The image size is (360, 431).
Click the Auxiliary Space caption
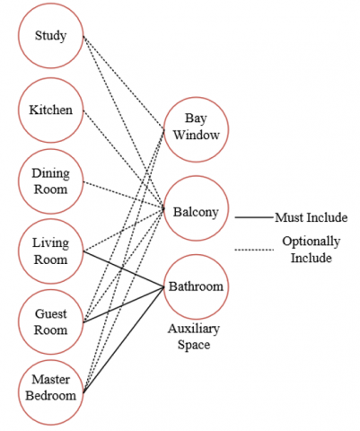tap(194, 337)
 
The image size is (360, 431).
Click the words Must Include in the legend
tap(312, 217)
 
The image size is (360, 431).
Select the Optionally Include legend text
tap(312, 250)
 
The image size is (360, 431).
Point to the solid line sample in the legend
tap(255, 217)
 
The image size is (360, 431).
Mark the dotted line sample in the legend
tap(255, 250)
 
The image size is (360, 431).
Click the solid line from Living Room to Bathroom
tap(124, 269)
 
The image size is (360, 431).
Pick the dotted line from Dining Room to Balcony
tap(124, 195)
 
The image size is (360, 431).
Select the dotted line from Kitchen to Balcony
tap(124, 160)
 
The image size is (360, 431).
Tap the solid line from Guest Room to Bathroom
tap(124, 304)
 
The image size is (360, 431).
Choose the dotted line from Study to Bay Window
tap(124, 83)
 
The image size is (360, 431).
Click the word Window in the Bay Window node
tap(197, 135)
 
